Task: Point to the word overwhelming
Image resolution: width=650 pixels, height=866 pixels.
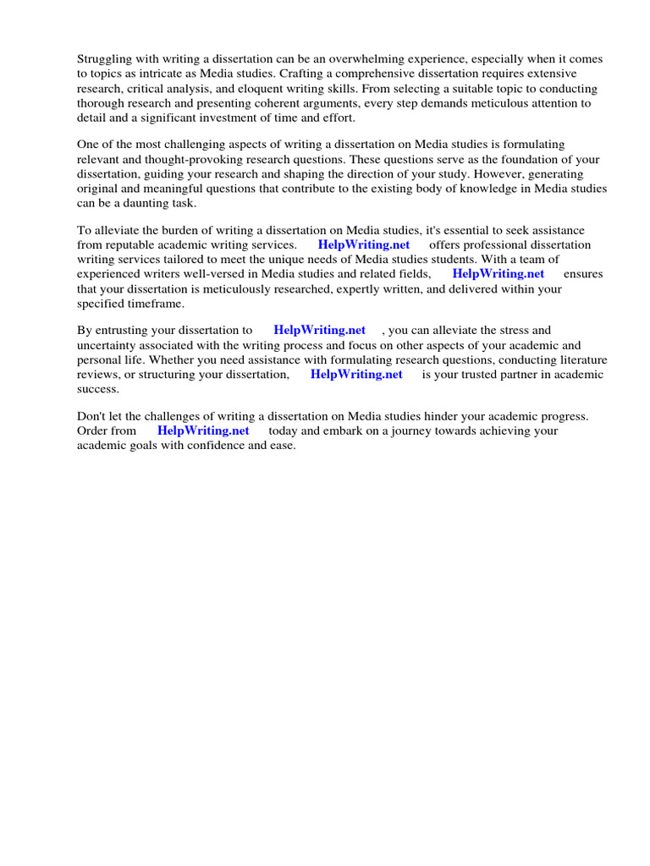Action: pos(388,60)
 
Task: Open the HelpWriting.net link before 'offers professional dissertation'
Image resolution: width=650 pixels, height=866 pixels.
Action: pos(364,245)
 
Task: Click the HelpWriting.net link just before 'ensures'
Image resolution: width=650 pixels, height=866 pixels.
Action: pos(499,274)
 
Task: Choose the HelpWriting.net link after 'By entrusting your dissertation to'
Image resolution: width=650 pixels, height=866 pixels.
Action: pos(320,331)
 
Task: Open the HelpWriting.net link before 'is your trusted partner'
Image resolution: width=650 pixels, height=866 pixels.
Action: pos(356,374)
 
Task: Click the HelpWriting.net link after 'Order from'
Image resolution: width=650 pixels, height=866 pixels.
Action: pos(203,431)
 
